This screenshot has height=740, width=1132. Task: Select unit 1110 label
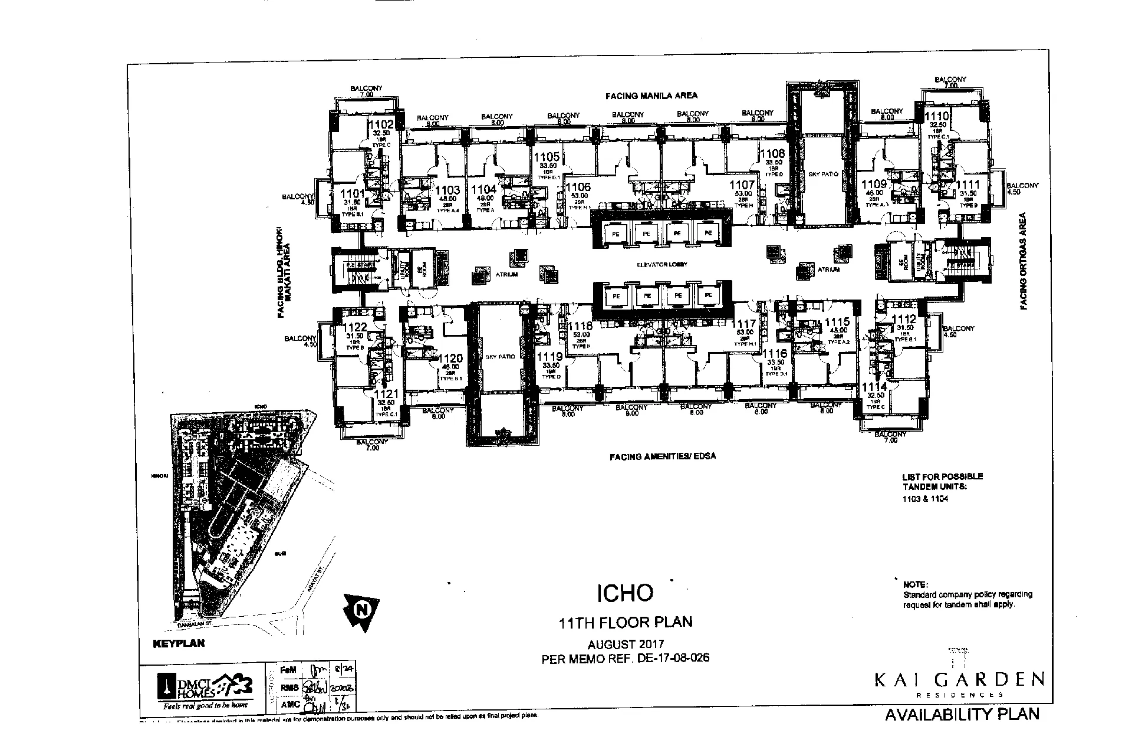tap(936, 116)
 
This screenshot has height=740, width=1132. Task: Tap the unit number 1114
tap(874, 387)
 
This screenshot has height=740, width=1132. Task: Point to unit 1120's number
tap(451, 359)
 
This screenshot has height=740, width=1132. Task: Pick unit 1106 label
tap(578, 188)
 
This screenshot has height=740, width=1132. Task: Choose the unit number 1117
tap(743, 324)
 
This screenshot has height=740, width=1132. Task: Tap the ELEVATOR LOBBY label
tap(662, 265)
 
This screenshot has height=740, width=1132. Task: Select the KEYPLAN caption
tap(179, 643)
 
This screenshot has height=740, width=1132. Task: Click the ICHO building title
tap(626, 593)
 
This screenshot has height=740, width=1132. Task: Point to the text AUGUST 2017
tap(626, 644)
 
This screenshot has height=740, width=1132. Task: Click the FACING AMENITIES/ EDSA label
tap(663, 456)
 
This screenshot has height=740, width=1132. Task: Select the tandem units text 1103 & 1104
tap(925, 499)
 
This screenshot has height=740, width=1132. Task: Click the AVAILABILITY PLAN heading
tap(962, 715)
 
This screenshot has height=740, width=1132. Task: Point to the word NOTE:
tap(915, 584)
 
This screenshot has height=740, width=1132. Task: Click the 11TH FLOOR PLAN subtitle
tap(626, 621)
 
